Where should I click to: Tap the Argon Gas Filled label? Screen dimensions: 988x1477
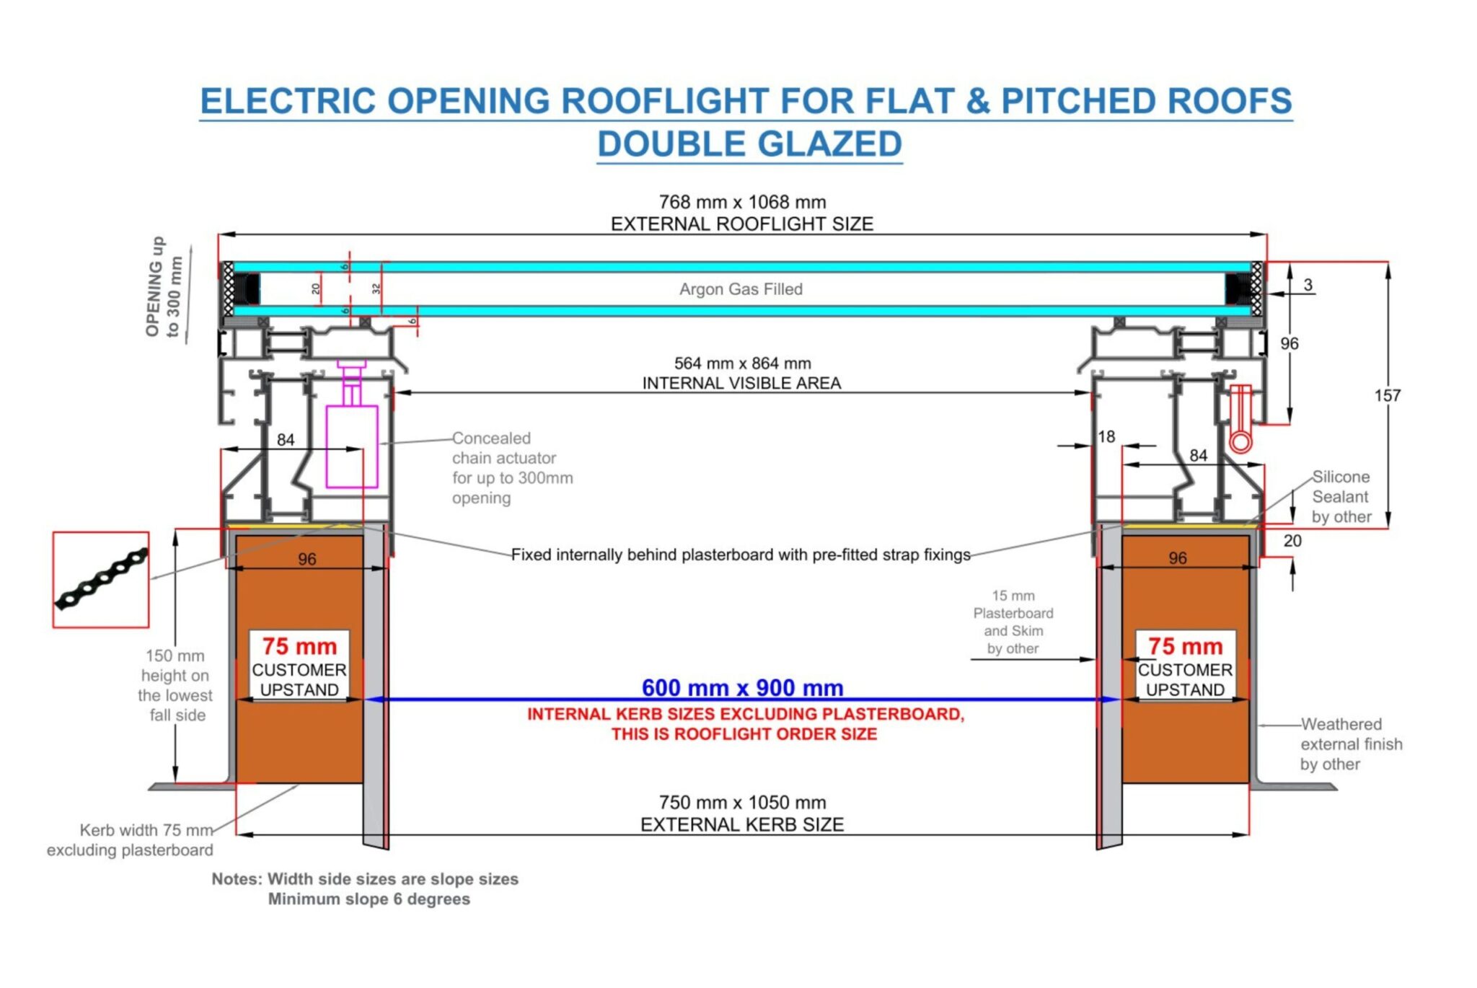tap(741, 289)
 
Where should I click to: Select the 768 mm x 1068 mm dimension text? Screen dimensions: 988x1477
tap(742, 202)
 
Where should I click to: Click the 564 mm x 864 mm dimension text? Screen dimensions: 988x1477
tap(742, 363)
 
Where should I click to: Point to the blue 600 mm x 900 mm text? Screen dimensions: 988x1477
tap(742, 687)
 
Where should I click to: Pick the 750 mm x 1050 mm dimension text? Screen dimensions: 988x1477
tap(742, 803)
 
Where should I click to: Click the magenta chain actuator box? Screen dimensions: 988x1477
tap(352, 446)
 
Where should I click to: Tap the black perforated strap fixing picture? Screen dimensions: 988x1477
tap(101, 579)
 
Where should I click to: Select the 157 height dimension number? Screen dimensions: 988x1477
tap(1387, 395)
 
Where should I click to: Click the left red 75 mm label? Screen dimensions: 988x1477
tap(299, 646)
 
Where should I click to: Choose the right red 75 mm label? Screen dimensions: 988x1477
tap(1185, 646)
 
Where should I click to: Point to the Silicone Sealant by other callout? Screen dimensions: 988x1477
tap(1341, 497)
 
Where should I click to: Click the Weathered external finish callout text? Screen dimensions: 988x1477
tap(1351, 744)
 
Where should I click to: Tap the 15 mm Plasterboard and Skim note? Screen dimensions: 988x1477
tap(1013, 622)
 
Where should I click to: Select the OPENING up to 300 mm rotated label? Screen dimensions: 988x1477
tap(165, 287)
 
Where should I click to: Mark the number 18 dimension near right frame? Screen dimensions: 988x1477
tap(1106, 436)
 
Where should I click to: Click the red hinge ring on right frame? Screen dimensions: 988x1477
tap(1240, 441)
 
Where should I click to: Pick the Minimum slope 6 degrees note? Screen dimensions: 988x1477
tap(369, 899)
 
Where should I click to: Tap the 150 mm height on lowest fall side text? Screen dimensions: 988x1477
tap(175, 685)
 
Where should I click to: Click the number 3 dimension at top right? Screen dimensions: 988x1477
tap(1308, 285)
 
